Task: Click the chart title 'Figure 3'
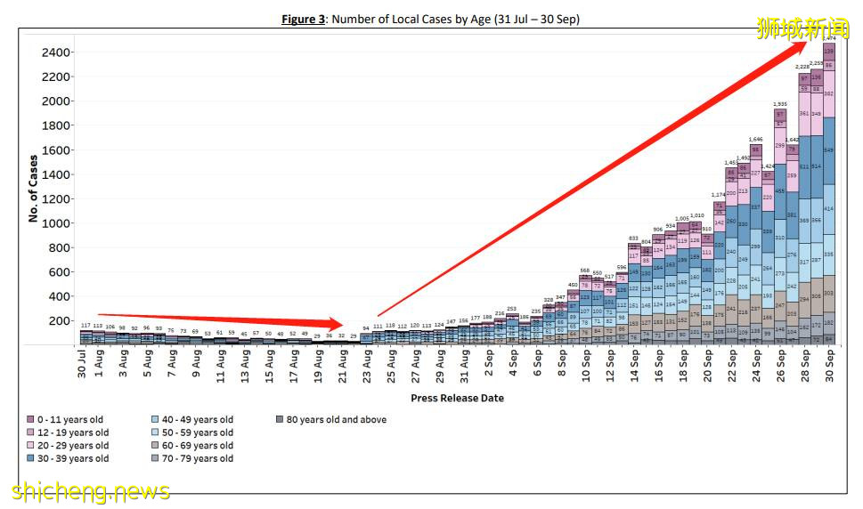coord(308,19)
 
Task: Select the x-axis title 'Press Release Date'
coord(457,398)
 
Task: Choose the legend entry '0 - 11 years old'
coord(70,419)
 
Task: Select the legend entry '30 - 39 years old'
coord(73,458)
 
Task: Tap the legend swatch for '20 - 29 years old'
coord(30,445)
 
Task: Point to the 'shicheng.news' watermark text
coord(91,491)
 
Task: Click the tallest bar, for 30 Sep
coord(828,196)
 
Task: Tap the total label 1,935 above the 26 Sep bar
coord(780,104)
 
